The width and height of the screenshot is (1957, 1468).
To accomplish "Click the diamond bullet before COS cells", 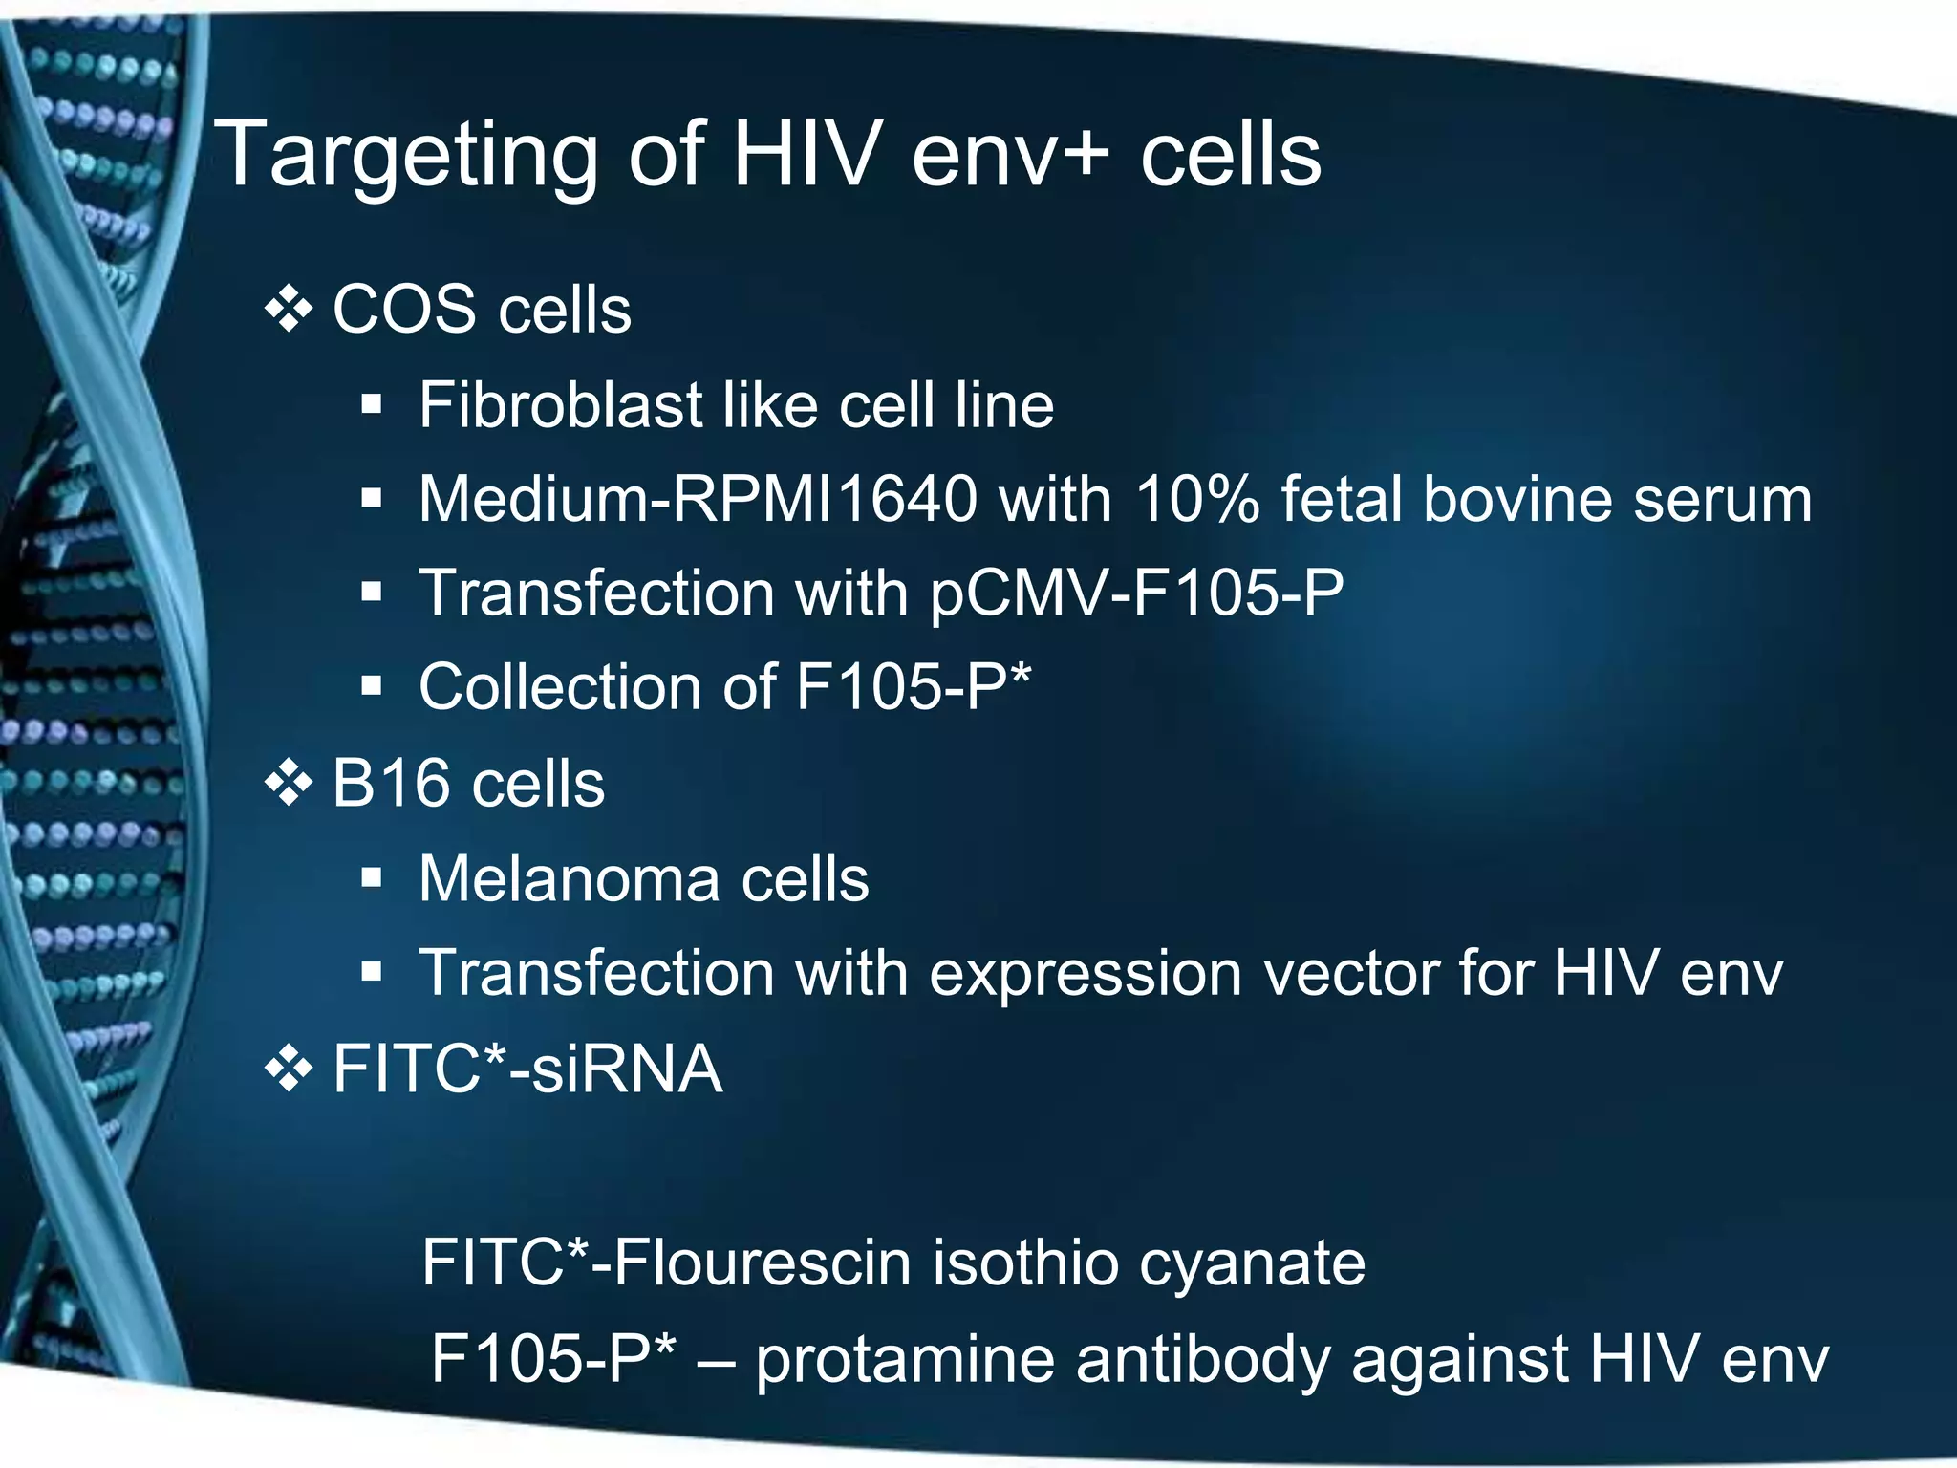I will click(x=289, y=310).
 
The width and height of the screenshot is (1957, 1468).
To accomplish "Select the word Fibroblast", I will click(x=560, y=405).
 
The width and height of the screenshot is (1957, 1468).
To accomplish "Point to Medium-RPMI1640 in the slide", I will click(x=698, y=499).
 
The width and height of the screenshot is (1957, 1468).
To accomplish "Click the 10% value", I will click(x=1197, y=499).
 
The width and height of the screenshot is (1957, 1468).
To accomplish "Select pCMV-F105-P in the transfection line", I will click(x=1136, y=594).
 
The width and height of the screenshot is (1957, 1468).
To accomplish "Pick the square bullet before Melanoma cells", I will click(x=372, y=877).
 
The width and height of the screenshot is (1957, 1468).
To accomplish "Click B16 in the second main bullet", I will click(x=391, y=784).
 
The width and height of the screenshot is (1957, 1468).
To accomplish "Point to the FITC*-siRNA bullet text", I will click(x=527, y=1069).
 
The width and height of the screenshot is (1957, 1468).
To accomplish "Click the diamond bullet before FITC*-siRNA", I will click(x=289, y=1069).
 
